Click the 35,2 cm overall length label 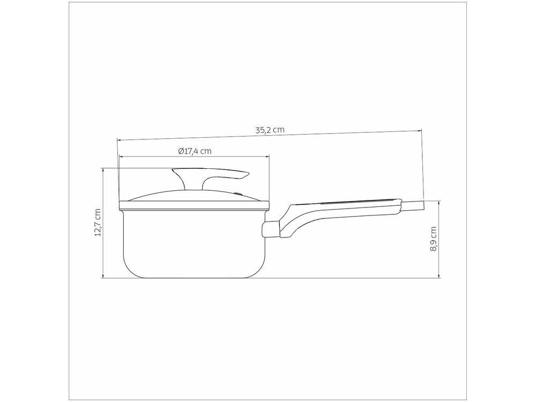click(x=269, y=130)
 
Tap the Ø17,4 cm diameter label click(x=195, y=151)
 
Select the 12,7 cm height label click(x=97, y=222)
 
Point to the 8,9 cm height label click(x=433, y=240)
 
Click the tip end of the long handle click(x=421, y=205)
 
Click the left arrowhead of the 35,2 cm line click(x=119, y=140)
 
